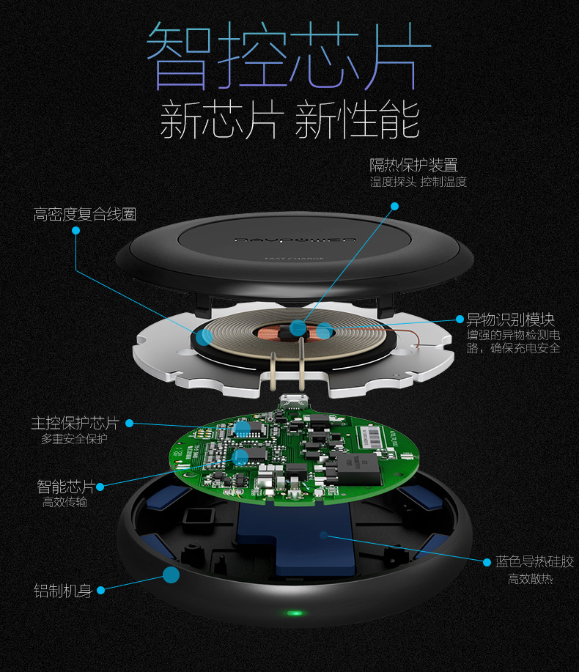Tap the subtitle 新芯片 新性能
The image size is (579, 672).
(290, 119)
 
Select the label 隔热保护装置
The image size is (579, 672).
(413, 165)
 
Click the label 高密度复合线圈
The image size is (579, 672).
(85, 215)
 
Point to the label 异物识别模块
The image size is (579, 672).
(510, 320)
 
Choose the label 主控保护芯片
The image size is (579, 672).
(74, 424)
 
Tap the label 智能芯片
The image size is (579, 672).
(66, 487)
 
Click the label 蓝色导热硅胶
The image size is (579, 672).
(534, 562)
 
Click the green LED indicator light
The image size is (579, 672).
(295, 612)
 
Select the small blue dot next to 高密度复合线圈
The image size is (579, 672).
(75, 230)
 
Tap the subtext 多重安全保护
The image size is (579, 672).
(74, 439)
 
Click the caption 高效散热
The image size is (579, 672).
(530, 580)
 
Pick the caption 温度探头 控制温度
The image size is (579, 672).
(418, 182)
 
